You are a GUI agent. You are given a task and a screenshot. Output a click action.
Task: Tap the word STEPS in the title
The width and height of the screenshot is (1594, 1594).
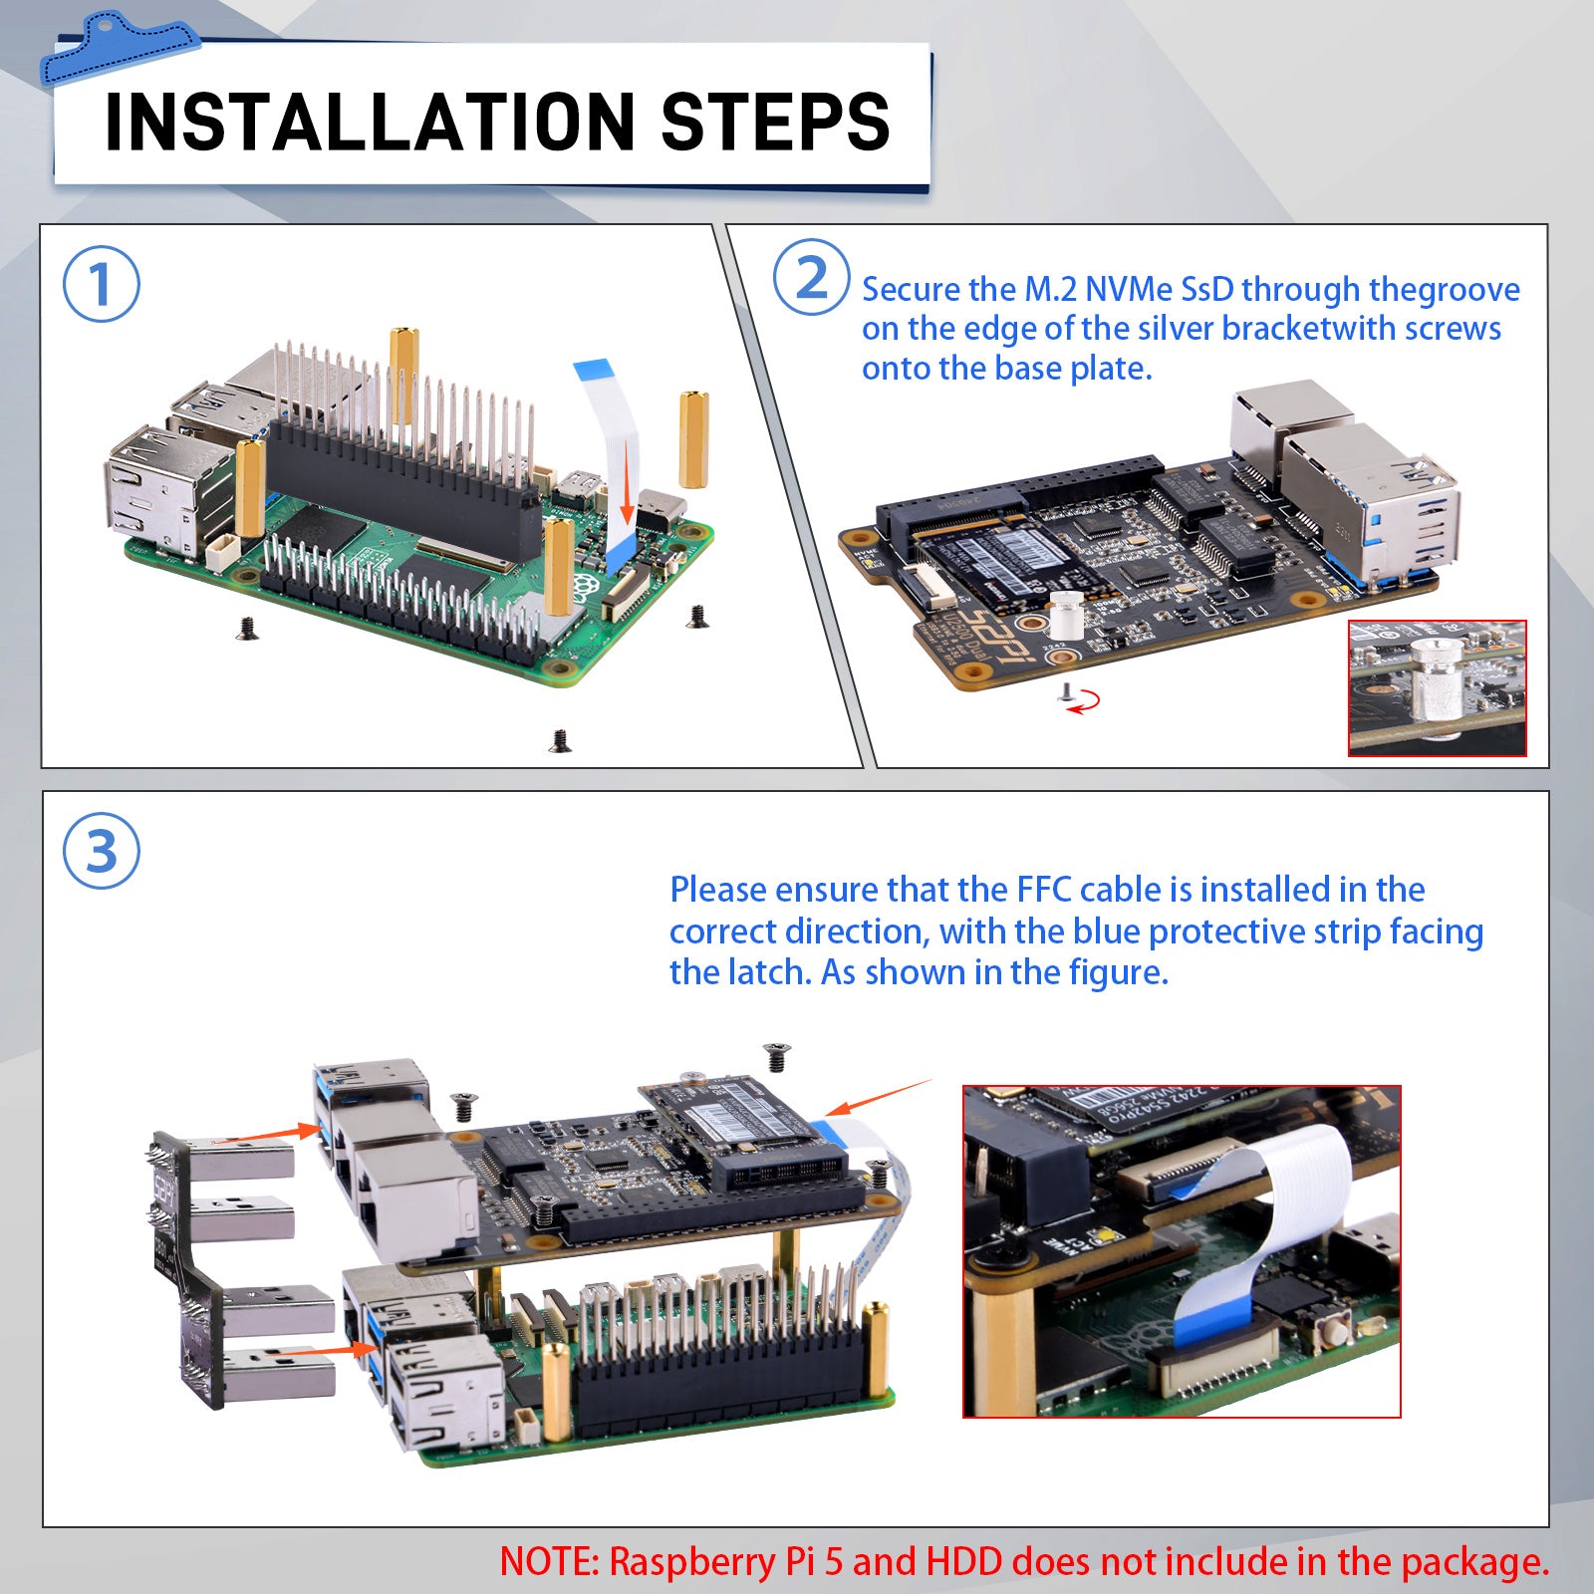(x=775, y=122)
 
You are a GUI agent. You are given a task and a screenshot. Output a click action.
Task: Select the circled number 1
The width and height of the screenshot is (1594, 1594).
(x=101, y=284)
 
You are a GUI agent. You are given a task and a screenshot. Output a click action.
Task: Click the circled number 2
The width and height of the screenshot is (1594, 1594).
(x=812, y=278)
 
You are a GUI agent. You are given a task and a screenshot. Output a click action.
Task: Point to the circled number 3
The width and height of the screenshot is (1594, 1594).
(x=101, y=852)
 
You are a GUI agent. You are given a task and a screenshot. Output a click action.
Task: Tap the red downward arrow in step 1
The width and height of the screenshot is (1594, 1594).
(x=627, y=483)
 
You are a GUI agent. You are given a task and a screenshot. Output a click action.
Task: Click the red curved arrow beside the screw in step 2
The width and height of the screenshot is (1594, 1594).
(x=1087, y=701)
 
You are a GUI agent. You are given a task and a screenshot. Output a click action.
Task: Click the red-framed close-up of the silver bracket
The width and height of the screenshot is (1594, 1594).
(x=1437, y=688)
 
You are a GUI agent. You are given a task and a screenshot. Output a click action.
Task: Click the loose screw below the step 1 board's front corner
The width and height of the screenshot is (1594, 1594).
(x=561, y=740)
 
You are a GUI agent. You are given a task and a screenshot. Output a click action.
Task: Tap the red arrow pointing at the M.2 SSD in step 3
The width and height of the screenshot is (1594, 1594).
(x=877, y=1097)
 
